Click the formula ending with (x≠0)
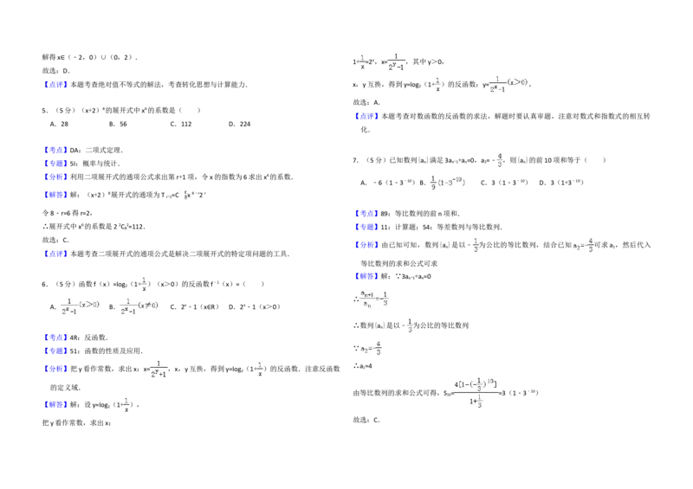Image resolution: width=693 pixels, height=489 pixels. coord(141,305)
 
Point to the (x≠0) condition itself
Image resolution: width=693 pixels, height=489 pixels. coord(152,305)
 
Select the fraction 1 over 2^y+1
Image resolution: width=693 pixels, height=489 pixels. coord(159,367)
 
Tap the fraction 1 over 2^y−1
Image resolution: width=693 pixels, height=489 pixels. coord(394,62)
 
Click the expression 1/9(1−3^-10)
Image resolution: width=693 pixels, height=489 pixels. coord(450,183)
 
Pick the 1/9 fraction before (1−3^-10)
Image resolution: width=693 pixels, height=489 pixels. coord(434,183)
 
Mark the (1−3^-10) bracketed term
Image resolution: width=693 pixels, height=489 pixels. coord(453,183)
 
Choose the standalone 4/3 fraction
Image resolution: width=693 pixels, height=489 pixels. coord(499,159)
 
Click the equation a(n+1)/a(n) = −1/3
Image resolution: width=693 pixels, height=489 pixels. coord(374,298)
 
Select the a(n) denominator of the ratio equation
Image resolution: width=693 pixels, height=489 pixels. coord(367,304)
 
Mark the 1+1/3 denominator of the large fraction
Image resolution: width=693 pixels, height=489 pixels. coord(476,402)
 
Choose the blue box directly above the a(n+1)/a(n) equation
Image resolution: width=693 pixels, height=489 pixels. coord(366,276)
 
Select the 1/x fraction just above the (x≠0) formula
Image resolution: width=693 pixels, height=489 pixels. coord(146,282)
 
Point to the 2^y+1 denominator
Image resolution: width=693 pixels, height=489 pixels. coord(159,373)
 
